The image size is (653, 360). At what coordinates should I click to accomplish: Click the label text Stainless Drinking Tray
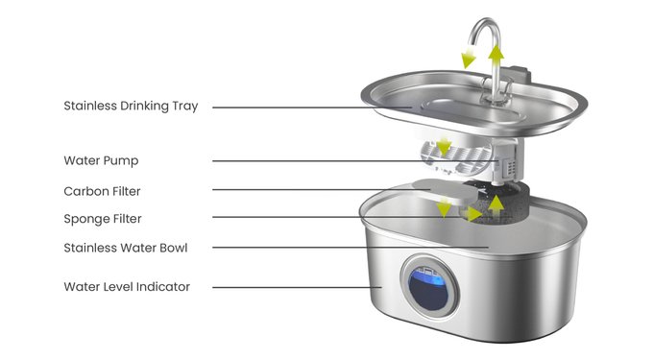(x=131, y=107)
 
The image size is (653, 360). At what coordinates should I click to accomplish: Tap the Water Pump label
(x=101, y=160)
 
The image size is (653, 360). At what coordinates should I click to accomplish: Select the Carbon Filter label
(x=102, y=191)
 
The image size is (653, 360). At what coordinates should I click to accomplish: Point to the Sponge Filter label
(x=103, y=219)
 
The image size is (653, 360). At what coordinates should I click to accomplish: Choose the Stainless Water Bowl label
(x=126, y=248)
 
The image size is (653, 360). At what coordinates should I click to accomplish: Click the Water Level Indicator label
(x=127, y=287)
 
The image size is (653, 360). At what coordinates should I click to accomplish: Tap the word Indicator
(x=163, y=287)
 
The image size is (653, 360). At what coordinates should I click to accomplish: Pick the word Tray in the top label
(x=185, y=107)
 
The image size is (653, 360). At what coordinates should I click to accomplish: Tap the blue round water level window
(x=429, y=288)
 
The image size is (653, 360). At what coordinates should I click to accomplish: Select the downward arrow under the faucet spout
(x=469, y=59)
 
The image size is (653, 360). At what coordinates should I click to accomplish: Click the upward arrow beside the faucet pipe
(x=496, y=55)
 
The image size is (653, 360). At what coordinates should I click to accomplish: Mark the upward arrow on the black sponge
(x=496, y=204)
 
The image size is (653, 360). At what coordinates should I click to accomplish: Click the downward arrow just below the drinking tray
(x=445, y=146)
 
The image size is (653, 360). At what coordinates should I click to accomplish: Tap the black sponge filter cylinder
(x=499, y=203)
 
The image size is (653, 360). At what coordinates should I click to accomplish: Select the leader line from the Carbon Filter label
(x=321, y=190)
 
